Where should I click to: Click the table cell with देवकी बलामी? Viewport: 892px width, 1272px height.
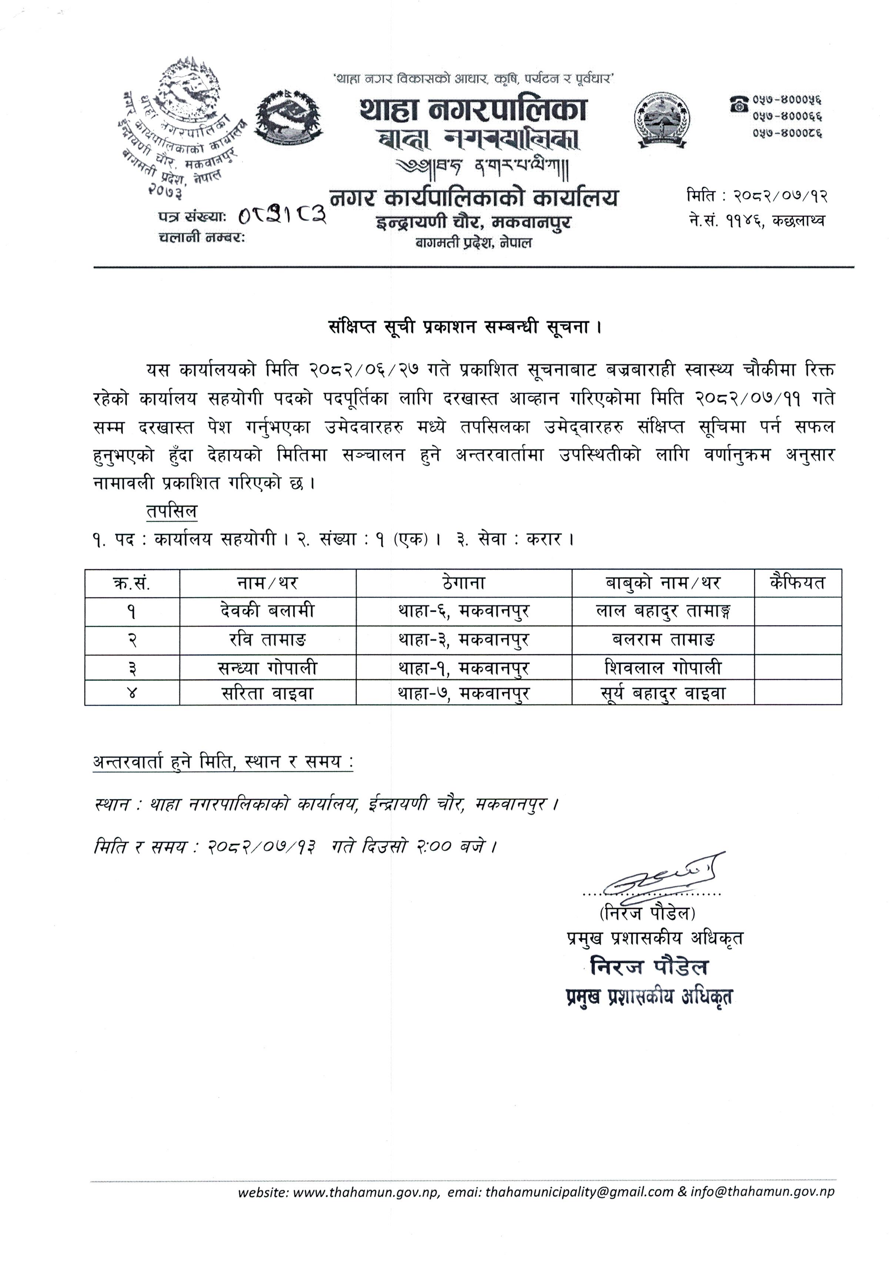pos(267,611)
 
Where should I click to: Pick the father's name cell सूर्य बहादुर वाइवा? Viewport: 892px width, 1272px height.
pos(662,693)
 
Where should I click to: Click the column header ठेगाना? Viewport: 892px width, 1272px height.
pos(464,583)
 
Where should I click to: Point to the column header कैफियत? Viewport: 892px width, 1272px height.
pos(797,583)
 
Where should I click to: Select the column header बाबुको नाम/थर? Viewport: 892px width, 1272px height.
pos(662,583)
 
